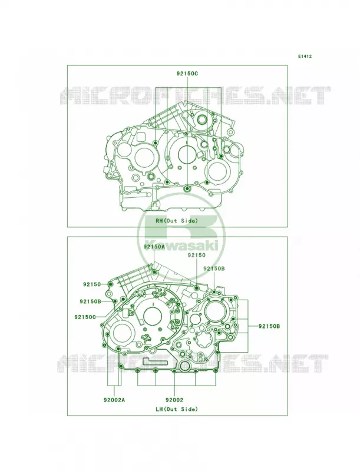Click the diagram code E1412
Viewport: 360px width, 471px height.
click(x=305, y=56)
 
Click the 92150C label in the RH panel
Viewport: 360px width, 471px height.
click(x=187, y=73)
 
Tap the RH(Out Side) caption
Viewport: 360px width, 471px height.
click(x=176, y=221)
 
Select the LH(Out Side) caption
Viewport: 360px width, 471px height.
click(x=176, y=409)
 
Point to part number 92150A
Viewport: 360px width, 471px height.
click(x=154, y=247)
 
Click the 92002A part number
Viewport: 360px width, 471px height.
click(x=114, y=400)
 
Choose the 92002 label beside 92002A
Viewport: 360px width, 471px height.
click(x=174, y=400)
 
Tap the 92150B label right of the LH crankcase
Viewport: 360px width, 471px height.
click(x=269, y=326)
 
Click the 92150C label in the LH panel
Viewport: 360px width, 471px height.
click(x=85, y=317)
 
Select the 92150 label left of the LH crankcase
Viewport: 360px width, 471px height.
click(x=92, y=284)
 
